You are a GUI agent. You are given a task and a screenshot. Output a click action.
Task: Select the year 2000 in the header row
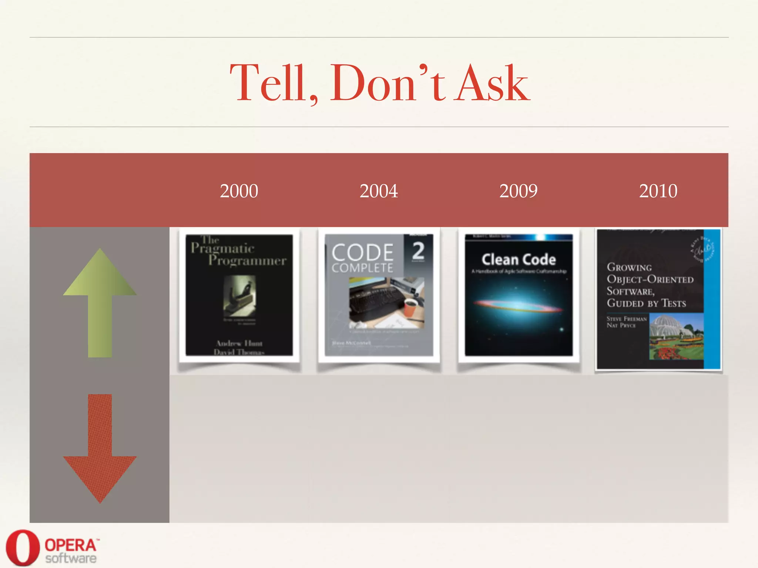pyautogui.click(x=239, y=191)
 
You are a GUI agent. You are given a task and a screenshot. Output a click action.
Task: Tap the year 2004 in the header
pyautogui.click(x=379, y=191)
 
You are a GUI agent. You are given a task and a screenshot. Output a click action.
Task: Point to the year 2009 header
pyautogui.click(x=518, y=191)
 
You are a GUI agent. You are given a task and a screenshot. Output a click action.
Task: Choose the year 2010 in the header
pyautogui.click(x=658, y=191)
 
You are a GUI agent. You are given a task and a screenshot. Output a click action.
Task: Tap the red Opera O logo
pyautogui.click(x=22, y=547)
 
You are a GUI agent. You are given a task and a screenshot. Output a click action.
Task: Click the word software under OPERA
pyautogui.click(x=71, y=558)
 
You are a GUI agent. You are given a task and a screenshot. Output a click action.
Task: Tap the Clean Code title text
pyautogui.click(x=519, y=260)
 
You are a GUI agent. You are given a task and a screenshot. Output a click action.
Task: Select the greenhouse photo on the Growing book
pyautogui.click(x=676, y=337)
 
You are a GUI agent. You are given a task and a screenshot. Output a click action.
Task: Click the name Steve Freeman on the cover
pyautogui.click(x=627, y=319)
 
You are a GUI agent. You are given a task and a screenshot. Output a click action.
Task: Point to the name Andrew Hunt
pyautogui.click(x=239, y=343)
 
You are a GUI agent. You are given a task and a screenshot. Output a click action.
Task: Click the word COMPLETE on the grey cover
pyautogui.click(x=362, y=268)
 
